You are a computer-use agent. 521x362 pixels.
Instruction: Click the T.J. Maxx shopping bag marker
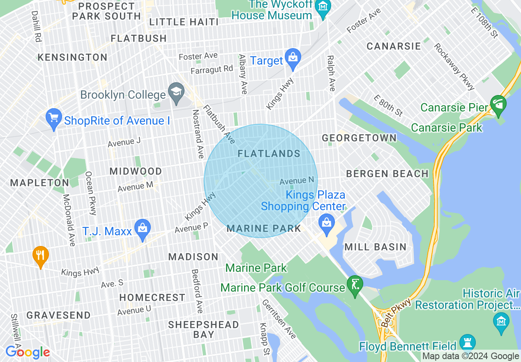point(142,230)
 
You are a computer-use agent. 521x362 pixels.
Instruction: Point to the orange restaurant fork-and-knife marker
point(40,257)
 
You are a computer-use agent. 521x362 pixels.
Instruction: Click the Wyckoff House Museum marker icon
point(323,7)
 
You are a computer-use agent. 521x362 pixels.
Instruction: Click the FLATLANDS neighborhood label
point(269,154)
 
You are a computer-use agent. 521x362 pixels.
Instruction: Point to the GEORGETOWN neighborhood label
point(359,138)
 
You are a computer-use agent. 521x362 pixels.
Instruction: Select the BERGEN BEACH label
point(387,174)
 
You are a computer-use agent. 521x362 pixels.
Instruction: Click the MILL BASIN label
point(375,247)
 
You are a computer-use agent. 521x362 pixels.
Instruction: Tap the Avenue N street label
point(297,181)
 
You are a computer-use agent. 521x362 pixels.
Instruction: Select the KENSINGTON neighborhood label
point(72,57)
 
